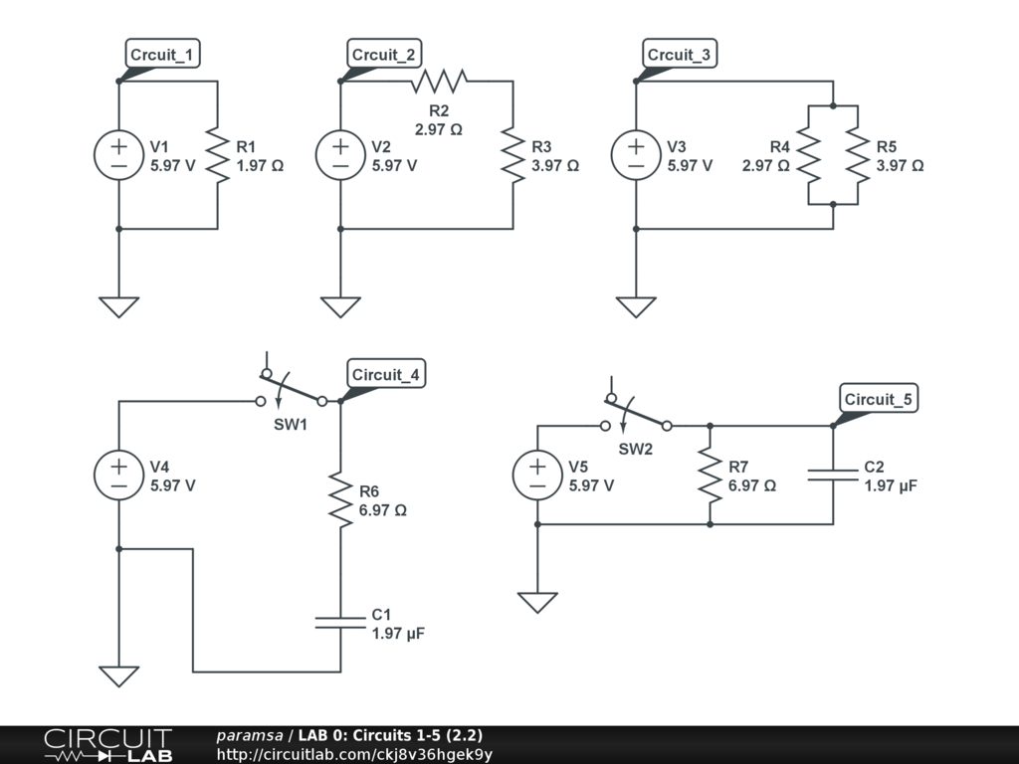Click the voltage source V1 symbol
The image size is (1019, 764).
118,155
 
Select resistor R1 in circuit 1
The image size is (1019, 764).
217,155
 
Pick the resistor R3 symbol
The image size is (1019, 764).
512,155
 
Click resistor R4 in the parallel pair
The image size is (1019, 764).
808,155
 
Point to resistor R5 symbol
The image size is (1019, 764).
858,155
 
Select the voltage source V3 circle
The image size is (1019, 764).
636,155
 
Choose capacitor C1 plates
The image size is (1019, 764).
340,622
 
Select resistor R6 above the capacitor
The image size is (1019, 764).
340,500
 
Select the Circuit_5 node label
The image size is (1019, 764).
878,400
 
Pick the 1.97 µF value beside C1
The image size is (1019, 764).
398,633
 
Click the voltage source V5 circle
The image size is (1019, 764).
537,475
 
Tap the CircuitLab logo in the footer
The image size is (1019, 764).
107,745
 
